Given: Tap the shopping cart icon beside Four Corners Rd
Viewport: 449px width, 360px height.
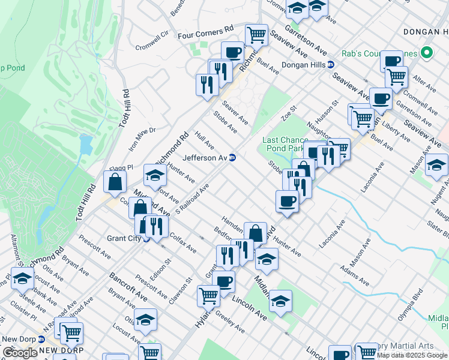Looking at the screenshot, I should (256, 35).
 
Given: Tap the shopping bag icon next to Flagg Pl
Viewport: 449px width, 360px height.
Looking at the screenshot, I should (115, 182).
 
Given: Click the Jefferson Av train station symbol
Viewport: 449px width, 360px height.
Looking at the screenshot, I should (232, 158).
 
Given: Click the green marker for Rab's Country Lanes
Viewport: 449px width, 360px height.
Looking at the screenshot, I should (427, 53).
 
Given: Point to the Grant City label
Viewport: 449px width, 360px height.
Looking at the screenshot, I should (124, 238).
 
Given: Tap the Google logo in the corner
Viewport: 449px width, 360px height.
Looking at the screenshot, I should (20, 353).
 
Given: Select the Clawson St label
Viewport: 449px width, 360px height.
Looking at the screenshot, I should (180, 290).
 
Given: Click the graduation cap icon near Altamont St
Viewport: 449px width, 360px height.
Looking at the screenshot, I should (23, 279).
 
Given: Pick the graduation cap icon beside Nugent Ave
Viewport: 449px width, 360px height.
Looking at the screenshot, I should (436, 164).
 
